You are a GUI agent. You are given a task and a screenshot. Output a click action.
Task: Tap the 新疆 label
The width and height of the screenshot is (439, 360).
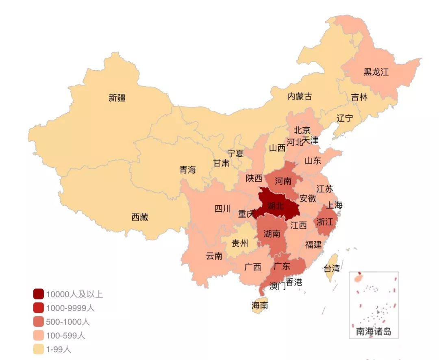[117, 98]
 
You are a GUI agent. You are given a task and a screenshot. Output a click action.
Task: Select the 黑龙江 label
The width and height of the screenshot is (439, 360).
[376, 72]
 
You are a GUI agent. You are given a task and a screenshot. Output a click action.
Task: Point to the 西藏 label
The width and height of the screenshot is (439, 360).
[140, 217]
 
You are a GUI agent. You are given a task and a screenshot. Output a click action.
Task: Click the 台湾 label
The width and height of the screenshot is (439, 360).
[331, 268]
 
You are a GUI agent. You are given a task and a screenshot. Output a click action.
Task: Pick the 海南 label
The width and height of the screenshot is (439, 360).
[260, 306]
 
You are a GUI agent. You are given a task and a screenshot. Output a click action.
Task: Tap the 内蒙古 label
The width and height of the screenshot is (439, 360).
[300, 97]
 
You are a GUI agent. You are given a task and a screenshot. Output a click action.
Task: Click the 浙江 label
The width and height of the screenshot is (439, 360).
[325, 222]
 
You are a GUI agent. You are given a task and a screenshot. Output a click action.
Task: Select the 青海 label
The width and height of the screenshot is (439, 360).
[188, 170]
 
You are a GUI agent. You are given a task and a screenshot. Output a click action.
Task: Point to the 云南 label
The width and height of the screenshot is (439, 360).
[214, 256]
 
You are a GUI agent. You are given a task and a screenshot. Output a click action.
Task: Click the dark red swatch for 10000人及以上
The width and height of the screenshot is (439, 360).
[38, 294]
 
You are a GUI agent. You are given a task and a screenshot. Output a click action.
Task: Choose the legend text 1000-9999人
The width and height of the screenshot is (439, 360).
[70, 308]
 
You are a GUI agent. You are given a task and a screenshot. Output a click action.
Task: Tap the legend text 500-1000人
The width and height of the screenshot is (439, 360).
[68, 322]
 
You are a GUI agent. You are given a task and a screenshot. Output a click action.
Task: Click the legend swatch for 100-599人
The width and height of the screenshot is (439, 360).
[38, 336]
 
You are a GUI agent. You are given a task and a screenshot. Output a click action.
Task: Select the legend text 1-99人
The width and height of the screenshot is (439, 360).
[59, 349]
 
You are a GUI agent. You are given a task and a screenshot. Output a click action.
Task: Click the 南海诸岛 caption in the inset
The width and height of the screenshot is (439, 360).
[374, 332]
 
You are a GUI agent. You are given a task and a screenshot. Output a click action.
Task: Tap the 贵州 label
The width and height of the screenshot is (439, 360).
[239, 244]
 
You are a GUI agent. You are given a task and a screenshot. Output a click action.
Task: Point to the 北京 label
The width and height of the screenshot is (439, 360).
[302, 130]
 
